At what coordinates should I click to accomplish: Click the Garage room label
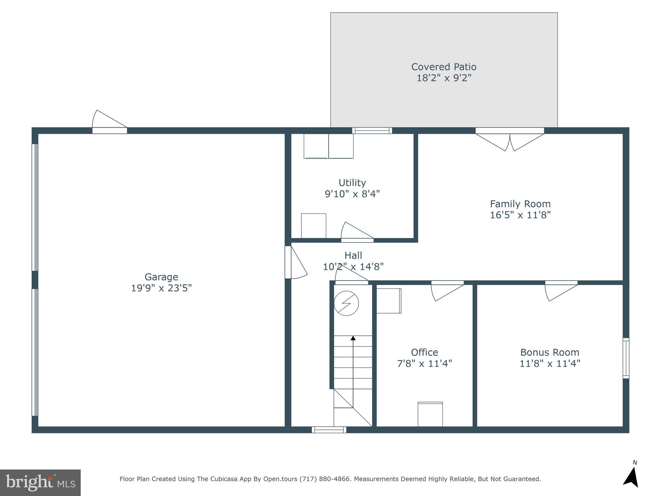point(161,277)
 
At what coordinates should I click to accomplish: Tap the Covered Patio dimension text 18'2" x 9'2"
point(444,78)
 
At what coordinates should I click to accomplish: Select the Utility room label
point(352,183)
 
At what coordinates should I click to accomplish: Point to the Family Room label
point(520,204)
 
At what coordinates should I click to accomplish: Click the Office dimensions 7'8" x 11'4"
point(424,364)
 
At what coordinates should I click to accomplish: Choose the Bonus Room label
point(549,352)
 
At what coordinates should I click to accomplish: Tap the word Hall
point(353,255)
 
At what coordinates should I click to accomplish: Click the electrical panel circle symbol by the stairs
point(346,304)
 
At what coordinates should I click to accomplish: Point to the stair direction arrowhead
point(353,338)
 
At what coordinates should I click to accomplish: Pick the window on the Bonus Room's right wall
point(625,358)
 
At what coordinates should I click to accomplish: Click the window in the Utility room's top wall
point(372,130)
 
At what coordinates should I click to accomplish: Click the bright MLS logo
point(40,482)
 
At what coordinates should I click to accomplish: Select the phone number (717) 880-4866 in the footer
point(325,479)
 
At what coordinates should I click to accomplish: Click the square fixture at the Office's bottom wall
point(430,414)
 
